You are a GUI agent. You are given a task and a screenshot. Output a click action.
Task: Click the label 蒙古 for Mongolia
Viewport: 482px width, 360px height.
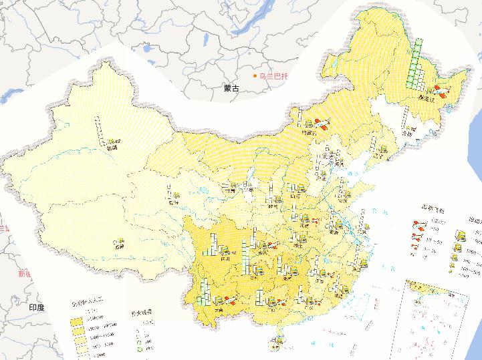pyautogui.click(x=231, y=87)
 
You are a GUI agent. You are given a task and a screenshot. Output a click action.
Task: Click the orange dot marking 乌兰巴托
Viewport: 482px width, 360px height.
pyautogui.click(x=255, y=77)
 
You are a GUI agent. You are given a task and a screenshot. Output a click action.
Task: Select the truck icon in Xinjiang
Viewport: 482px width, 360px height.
pyautogui.click(x=112, y=141)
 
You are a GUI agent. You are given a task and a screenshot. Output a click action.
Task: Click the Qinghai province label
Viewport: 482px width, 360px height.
pyautogui.click(x=174, y=200)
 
